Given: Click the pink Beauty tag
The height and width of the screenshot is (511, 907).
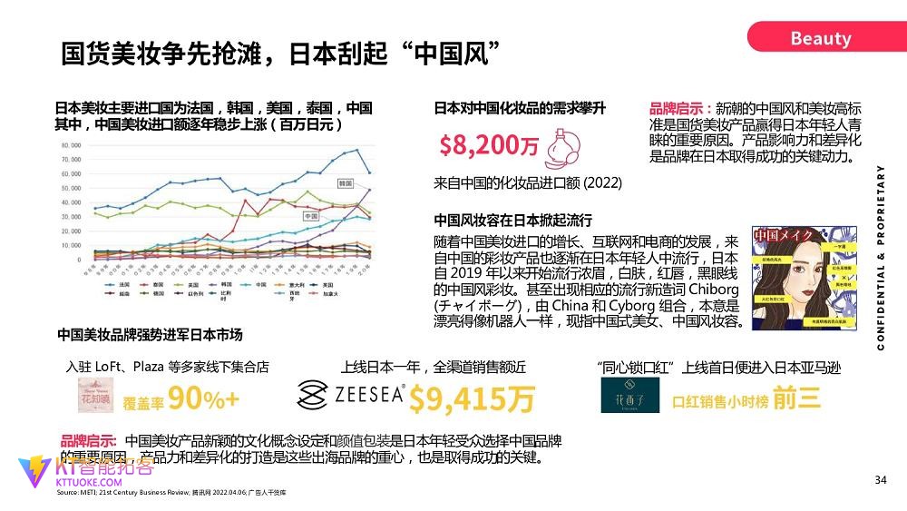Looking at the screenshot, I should point(820,38).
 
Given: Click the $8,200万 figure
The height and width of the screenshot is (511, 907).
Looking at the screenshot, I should point(488,145).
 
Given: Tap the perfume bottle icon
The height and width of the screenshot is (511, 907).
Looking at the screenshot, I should point(567,143).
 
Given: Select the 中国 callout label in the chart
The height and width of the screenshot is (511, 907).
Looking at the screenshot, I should point(311,217).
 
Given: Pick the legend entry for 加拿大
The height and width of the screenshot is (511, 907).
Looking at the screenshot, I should point(315,294).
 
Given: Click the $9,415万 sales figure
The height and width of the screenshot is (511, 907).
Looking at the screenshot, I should point(471,398).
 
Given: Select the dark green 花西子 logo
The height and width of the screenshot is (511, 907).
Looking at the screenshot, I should point(626,396).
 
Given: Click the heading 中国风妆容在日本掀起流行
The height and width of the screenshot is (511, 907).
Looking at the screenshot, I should point(512,220).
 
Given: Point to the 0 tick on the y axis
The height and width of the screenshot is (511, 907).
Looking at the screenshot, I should point(79,260).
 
